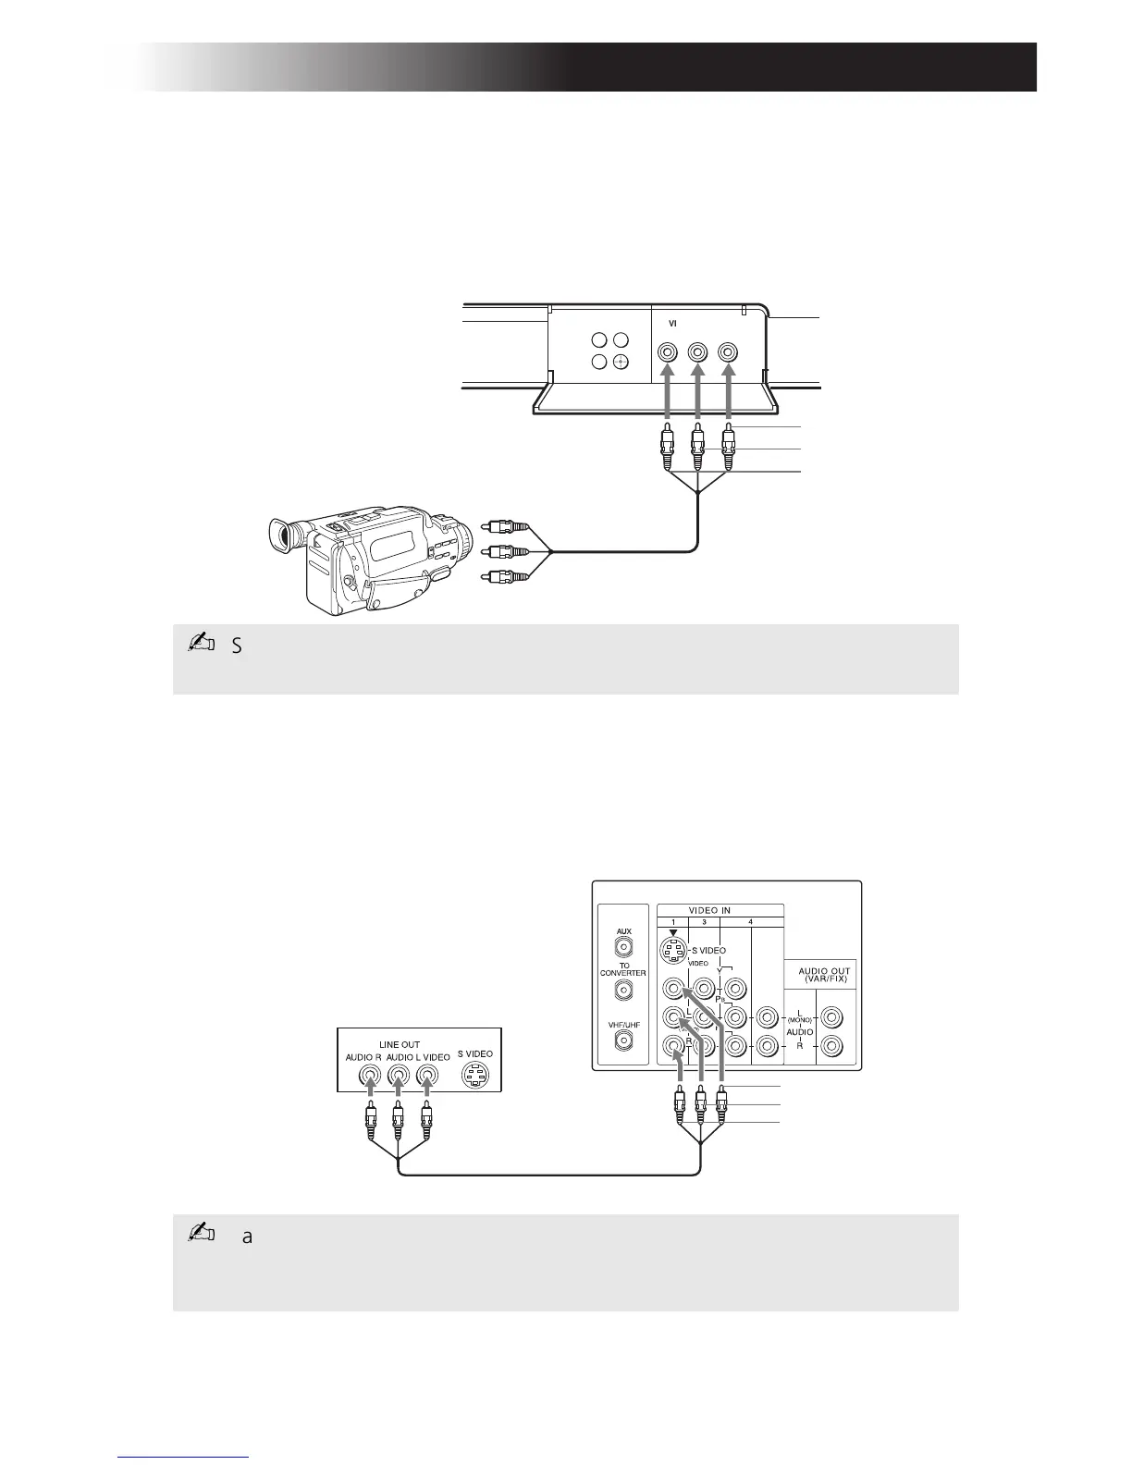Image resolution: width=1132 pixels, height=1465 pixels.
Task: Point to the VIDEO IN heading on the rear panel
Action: click(x=721, y=910)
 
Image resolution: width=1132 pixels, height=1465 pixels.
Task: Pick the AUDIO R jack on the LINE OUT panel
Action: click(x=369, y=1077)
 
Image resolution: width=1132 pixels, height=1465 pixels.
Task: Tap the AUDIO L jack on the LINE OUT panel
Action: click(x=398, y=1077)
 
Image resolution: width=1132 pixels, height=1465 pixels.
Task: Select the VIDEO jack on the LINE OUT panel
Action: click(x=426, y=1077)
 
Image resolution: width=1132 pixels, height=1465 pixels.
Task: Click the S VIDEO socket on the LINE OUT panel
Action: click(x=474, y=1077)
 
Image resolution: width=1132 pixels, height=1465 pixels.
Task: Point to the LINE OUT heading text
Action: click(x=400, y=1044)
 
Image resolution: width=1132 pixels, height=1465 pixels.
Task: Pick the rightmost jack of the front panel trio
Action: click(x=729, y=353)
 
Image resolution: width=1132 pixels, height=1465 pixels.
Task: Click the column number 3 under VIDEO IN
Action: click(x=704, y=922)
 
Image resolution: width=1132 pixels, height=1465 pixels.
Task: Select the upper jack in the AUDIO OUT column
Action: click(x=832, y=1018)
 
